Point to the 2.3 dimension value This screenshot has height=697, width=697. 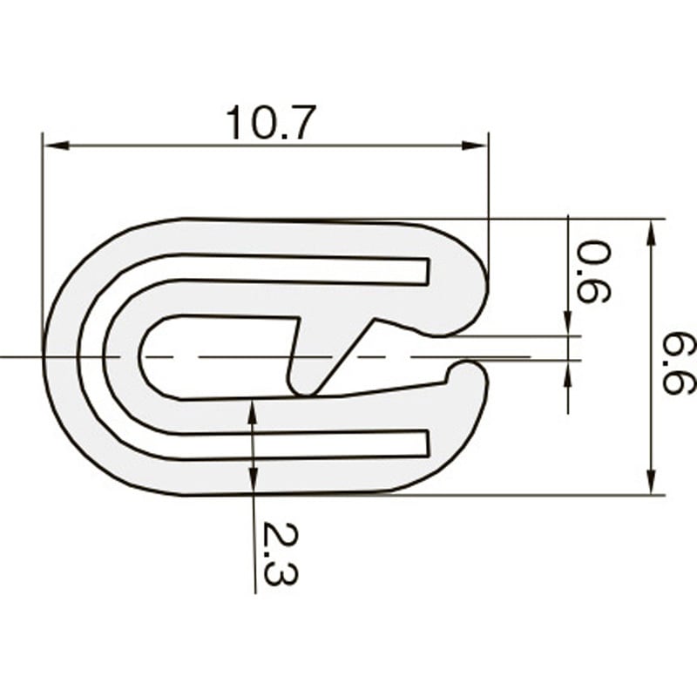[280, 554]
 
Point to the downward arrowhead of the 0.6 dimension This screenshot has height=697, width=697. [568, 325]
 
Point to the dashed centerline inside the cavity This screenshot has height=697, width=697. [218, 356]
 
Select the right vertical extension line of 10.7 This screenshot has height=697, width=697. [488, 200]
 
